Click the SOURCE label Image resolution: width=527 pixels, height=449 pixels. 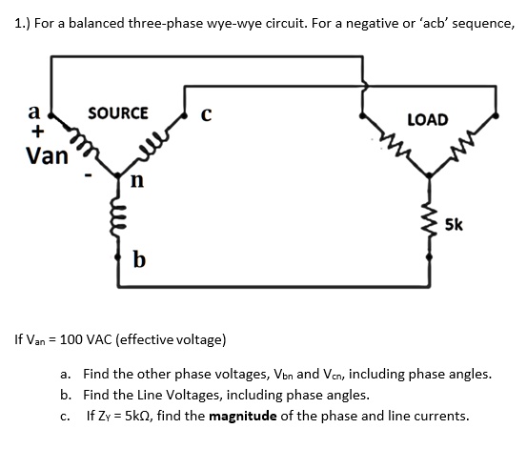(x=117, y=112)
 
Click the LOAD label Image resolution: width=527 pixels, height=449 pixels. (x=427, y=119)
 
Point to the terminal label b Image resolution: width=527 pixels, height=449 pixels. (x=139, y=258)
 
